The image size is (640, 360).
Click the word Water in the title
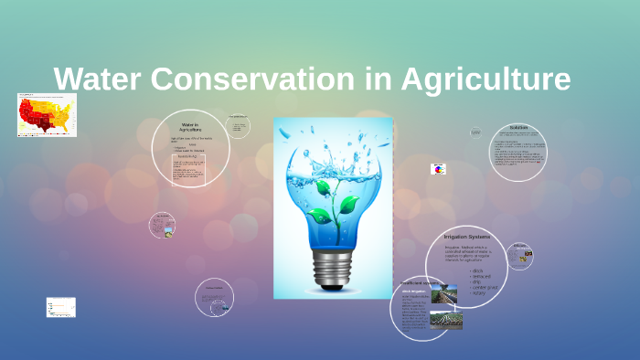click(97, 79)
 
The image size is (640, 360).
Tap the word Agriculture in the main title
click(485, 79)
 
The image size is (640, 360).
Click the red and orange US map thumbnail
click(47, 115)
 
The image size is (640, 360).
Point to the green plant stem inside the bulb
click(334, 206)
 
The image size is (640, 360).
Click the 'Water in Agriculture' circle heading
click(190, 127)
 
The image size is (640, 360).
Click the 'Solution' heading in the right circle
click(518, 128)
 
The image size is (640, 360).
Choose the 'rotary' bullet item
click(476, 292)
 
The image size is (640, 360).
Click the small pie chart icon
click(438, 169)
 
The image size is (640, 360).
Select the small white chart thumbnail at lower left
click(61, 307)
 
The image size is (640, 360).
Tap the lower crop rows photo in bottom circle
click(446, 320)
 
